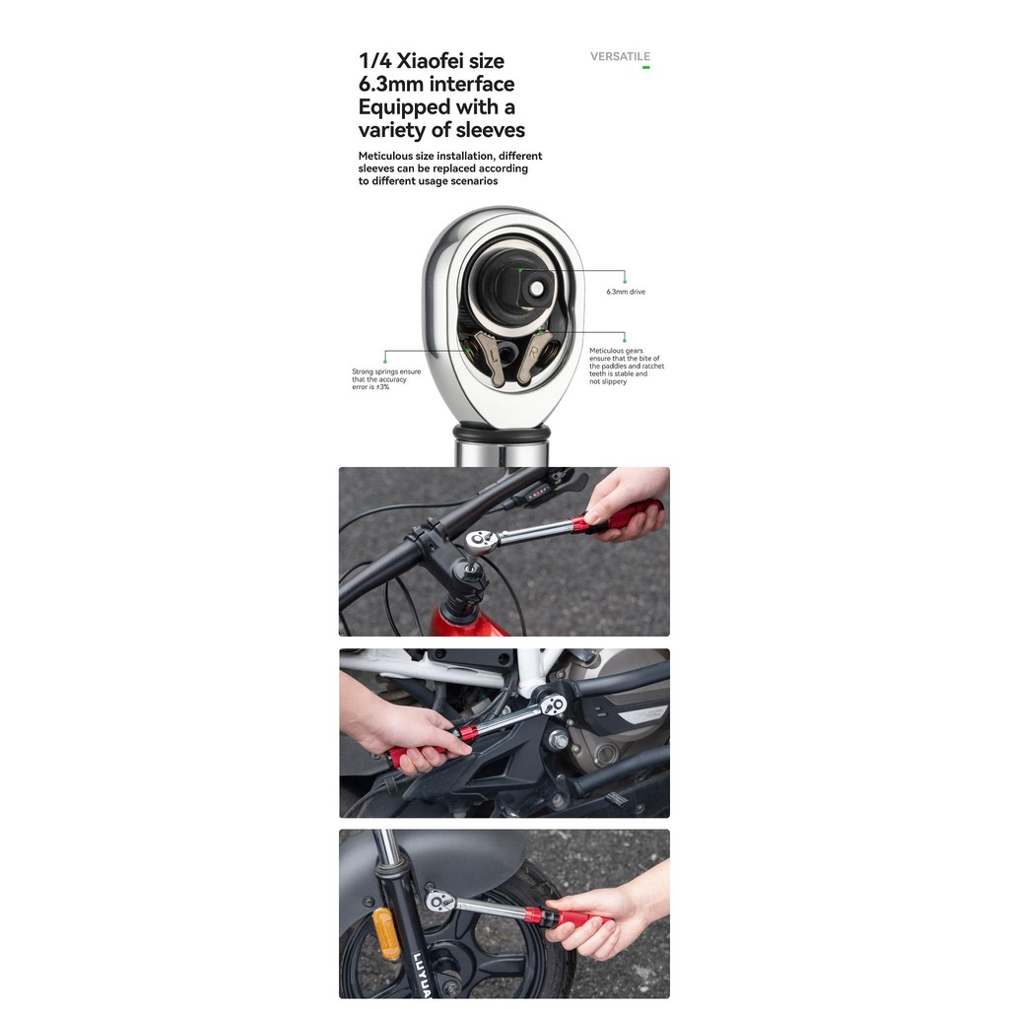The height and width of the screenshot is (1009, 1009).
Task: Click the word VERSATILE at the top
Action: tap(620, 56)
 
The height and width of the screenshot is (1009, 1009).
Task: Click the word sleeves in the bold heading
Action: tap(491, 130)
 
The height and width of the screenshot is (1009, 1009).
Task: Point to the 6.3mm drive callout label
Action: tap(626, 292)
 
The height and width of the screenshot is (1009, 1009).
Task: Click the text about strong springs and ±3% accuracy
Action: tap(386, 379)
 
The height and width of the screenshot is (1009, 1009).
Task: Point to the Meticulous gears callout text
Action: tap(627, 367)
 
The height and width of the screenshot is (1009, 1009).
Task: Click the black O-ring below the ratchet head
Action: tap(502, 433)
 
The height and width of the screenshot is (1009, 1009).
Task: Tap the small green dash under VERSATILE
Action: tap(646, 67)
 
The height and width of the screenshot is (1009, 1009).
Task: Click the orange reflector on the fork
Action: tap(386, 932)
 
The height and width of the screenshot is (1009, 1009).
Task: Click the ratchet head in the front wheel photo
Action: tap(440, 899)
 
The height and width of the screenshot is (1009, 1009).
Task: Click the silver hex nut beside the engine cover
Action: tap(560, 741)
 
